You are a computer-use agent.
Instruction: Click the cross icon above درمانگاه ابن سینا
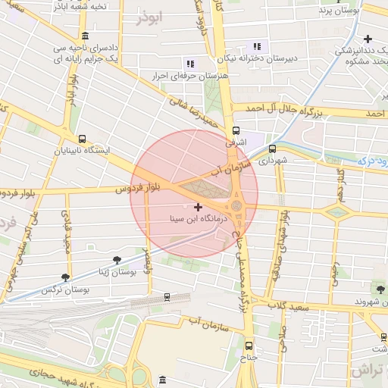pos(199,207)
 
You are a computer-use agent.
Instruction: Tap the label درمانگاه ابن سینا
pos(199,219)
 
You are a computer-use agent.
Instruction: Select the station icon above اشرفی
pos(236,130)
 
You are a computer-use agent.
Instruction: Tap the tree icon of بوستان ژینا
pos(116,260)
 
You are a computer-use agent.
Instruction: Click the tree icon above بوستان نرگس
pos(65,277)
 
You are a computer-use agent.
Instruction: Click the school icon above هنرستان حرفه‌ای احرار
pos(189,64)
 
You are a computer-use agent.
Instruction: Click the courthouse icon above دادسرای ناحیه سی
pos(84,36)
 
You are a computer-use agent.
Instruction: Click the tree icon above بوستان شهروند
pos(379,288)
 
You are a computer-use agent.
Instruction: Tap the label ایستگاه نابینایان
pos(82,150)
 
